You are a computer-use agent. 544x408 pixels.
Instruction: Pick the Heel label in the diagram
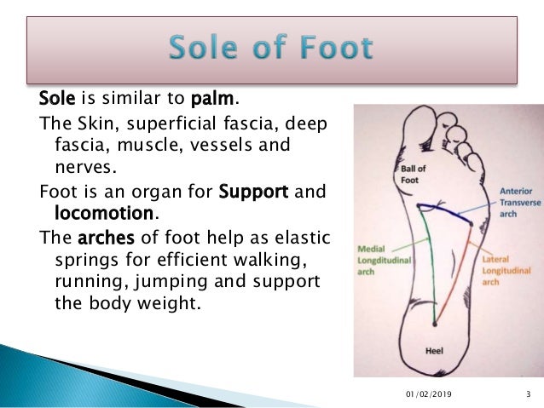pos(434,350)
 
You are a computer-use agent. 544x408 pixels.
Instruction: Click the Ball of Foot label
pos(413,174)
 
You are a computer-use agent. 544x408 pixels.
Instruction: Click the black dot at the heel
pos(435,324)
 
